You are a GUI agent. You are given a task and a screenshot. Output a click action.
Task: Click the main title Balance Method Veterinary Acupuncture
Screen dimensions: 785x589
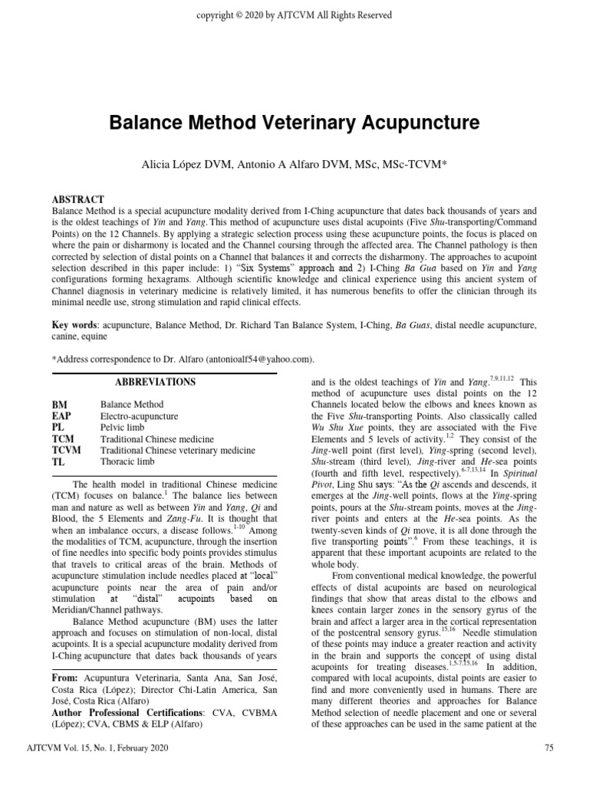click(294, 123)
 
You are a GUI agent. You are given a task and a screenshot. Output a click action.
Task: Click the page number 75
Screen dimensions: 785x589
click(548, 768)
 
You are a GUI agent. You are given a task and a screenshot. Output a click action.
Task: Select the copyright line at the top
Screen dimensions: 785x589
click(294, 15)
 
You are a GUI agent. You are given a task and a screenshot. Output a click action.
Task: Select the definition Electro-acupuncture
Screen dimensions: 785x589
click(140, 416)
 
